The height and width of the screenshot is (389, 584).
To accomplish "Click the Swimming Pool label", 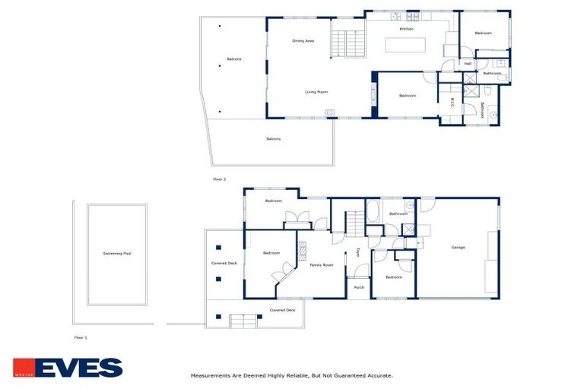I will tap(117, 254).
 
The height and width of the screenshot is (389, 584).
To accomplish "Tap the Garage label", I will tap(458, 248).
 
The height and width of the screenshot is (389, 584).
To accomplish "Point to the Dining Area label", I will tap(303, 41).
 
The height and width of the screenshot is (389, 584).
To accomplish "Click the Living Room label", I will tap(316, 92).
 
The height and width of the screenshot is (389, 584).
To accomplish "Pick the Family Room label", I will tap(322, 265).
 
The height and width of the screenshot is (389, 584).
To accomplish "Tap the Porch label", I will tap(359, 287).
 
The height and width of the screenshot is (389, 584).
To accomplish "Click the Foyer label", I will tap(358, 252).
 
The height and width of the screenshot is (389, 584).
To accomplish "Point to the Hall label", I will tap(468, 64).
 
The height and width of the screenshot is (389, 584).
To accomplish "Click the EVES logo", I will tap(68, 368).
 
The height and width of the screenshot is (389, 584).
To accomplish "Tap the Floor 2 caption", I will tap(220, 179).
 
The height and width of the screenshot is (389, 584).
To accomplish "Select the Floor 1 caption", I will tap(81, 337).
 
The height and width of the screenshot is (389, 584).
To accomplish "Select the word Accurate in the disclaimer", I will tap(377, 375).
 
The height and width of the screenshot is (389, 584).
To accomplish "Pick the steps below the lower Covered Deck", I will tap(242, 322).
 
